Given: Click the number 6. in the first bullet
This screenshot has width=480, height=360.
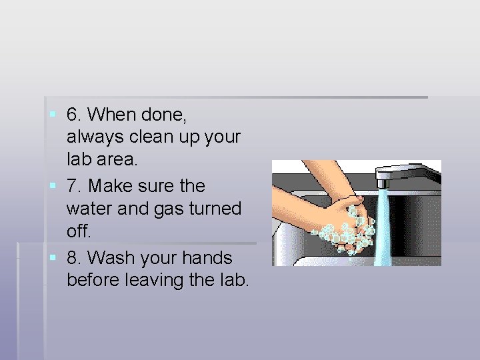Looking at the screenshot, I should point(75,115).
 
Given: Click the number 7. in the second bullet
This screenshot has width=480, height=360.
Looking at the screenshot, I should point(75,186).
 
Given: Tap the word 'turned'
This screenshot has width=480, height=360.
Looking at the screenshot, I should point(215,209).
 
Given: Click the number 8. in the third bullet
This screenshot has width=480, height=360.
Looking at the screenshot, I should point(75,257).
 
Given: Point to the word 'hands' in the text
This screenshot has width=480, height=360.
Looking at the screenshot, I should point(209,257).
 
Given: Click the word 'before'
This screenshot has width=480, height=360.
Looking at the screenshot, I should point(94,280).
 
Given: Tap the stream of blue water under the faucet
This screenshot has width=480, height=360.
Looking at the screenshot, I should point(384,227).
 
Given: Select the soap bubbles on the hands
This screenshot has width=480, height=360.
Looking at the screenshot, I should point(347,230).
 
